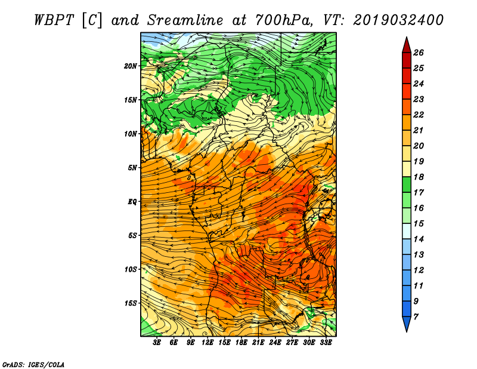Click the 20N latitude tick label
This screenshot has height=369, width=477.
pyautogui.click(x=130, y=66)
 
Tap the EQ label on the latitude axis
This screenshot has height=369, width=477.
pyautogui.click(x=132, y=202)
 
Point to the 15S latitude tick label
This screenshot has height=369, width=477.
pyautogui.click(x=130, y=303)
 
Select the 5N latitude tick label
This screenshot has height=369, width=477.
pyautogui.click(x=132, y=168)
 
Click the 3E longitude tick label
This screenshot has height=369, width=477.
pyautogui.click(x=157, y=343)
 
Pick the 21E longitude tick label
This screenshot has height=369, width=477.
pyautogui.click(x=258, y=343)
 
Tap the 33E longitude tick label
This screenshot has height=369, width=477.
pyautogui.click(x=326, y=343)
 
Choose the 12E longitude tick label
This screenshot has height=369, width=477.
pyautogui.click(x=207, y=343)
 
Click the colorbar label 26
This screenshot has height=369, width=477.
pyautogui.click(x=419, y=53)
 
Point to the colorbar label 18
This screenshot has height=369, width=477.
pyautogui.click(x=419, y=177)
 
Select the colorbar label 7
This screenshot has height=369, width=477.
pyautogui.click(x=416, y=317)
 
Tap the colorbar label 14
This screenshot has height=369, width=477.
pyautogui.click(x=419, y=239)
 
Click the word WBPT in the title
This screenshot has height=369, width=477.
pyautogui.click(x=54, y=20)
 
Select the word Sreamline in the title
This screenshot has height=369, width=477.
pyautogui.click(x=185, y=20)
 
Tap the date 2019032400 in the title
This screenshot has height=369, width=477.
pyautogui.click(x=398, y=20)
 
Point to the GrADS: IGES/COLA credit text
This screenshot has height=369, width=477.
pyautogui.click(x=33, y=365)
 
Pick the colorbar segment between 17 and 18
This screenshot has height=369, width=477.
pyautogui.click(x=407, y=184)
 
